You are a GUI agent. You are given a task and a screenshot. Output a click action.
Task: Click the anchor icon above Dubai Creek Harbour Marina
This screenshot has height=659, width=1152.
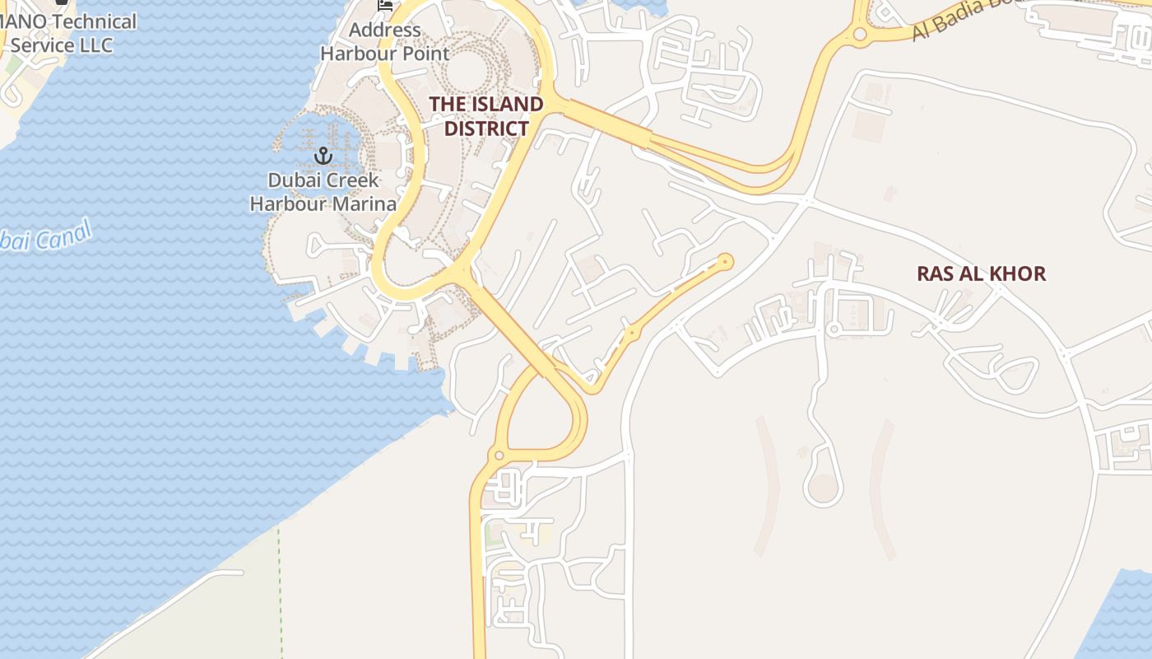click(323, 155)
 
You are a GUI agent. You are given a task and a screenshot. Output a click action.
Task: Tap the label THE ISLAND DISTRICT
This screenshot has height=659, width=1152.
click(486, 116)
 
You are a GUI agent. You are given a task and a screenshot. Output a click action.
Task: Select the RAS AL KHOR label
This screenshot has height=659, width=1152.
click(981, 273)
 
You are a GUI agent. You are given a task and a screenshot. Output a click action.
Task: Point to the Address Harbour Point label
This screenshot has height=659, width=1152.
click(384, 42)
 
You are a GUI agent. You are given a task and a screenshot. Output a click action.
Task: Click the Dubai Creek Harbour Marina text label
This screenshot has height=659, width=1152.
click(323, 192)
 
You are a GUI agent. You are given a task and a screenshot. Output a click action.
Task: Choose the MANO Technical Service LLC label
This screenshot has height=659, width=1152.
click(62, 33)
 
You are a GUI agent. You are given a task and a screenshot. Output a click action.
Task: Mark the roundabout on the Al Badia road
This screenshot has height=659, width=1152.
click(860, 35)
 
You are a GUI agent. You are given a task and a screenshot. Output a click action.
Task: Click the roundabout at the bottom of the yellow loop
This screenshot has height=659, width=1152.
click(498, 456)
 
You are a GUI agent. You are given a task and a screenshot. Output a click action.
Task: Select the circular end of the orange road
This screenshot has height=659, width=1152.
click(725, 262)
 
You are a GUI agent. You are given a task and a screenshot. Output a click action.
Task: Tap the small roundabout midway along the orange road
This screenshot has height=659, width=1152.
click(632, 333)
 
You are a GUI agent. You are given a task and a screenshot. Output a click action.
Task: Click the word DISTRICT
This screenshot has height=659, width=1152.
click(486, 129)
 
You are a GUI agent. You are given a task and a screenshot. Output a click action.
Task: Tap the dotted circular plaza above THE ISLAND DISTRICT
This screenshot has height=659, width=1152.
click(466, 69)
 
